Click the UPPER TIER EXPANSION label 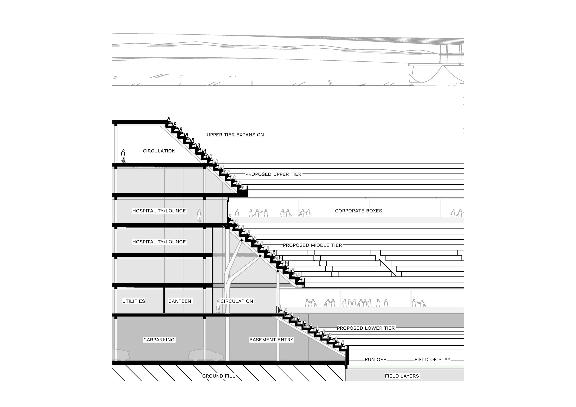235,135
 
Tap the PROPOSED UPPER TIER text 273,174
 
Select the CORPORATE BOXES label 358,211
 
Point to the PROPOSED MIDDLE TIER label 312,245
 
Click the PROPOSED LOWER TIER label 365,328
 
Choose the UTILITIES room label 133,301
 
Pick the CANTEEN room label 180,301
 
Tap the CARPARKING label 159,340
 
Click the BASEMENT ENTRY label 271,340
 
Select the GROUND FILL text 218,376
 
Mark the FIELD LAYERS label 402,376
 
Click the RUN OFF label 375,359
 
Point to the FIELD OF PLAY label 432,359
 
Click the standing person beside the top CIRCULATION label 123,156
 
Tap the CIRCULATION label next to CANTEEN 237,301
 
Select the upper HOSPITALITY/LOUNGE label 159,211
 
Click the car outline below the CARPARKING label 206,355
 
